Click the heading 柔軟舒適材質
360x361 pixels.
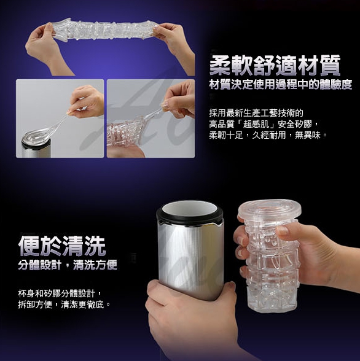click(275, 65)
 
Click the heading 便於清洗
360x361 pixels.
click(61, 246)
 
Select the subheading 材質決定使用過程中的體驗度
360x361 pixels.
click(281, 85)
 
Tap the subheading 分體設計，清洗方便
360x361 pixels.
click(68, 265)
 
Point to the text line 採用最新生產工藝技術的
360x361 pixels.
click(256, 113)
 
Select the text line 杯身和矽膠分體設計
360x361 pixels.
click(57, 293)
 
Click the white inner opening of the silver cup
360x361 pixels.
click(189, 208)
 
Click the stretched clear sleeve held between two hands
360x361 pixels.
click(106, 31)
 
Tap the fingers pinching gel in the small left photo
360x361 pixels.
click(85, 103)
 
